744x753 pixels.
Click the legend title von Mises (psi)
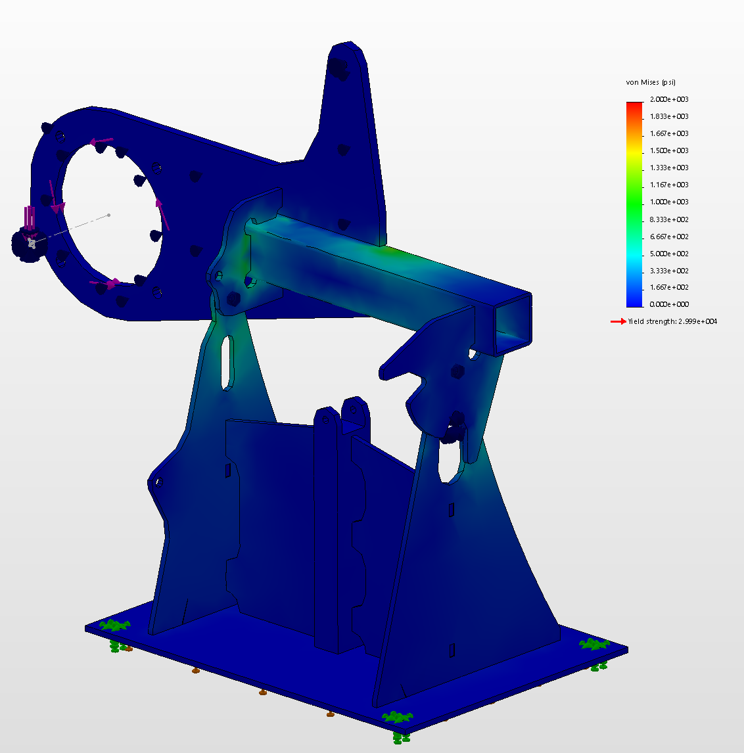pos(650,82)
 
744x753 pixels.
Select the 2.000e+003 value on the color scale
pos(669,99)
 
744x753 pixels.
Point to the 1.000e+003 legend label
pos(669,202)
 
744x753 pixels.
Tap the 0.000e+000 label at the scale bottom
pos(669,304)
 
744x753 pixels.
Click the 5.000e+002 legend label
pos(669,254)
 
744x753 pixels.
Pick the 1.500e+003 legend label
pos(669,150)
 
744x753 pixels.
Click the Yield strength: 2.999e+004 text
pos(672,321)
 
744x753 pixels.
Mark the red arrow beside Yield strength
pos(618,321)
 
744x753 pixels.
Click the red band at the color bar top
pos(634,104)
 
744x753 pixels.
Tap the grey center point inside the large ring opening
pos(109,215)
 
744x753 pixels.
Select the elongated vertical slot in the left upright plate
pos(227,362)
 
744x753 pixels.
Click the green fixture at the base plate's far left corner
pos(115,626)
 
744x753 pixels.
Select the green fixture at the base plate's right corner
pos(594,644)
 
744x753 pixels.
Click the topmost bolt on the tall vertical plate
pos(337,66)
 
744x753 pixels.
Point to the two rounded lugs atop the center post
pos(342,415)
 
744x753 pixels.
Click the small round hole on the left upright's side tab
pos(158,482)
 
